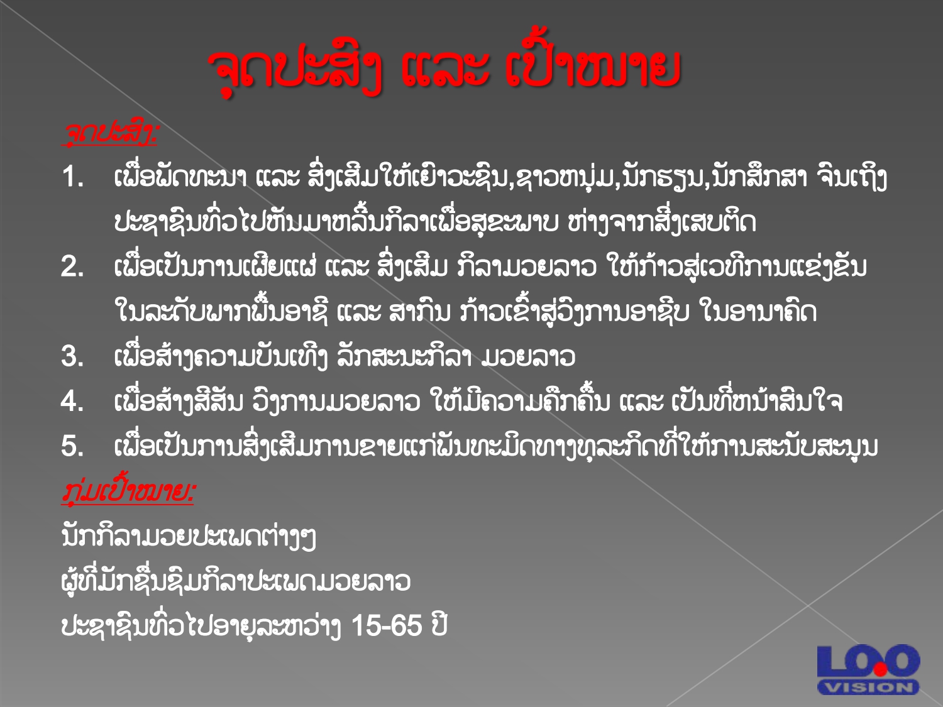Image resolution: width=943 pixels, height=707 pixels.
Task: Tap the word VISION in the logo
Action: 868,688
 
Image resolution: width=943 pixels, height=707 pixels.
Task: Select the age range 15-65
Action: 387,625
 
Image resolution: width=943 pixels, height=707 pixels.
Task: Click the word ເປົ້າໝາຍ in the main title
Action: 592,68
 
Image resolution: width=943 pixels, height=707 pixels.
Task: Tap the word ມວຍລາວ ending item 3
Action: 528,357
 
